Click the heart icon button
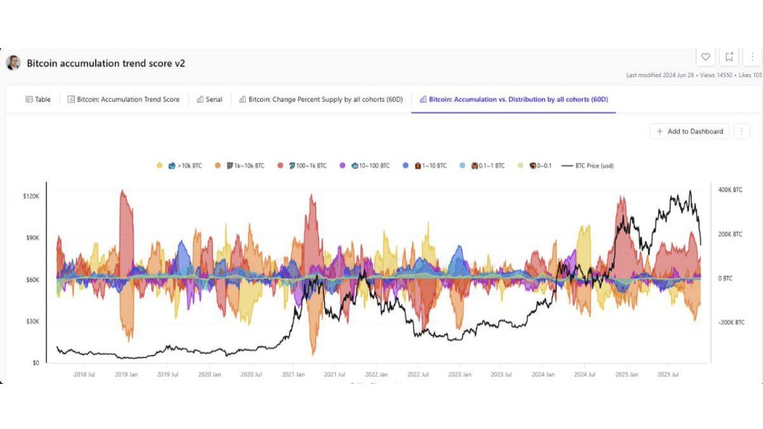click(x=706, y=57)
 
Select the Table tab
click(x=38, y=99)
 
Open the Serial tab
click(x=210, y=99)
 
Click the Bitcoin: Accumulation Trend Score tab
click(x=123, y=99)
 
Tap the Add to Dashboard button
click(x=690, y=131)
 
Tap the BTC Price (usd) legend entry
click(x=588, y=166)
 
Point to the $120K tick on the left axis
click(x=31, y=196)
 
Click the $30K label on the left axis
click(x=32, y=322)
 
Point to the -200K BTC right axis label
click(x=731, y=322)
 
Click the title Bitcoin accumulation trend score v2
click(x=106, y=64)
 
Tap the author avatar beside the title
click(x=13, y=63)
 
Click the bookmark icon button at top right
click(x=729, y=57)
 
